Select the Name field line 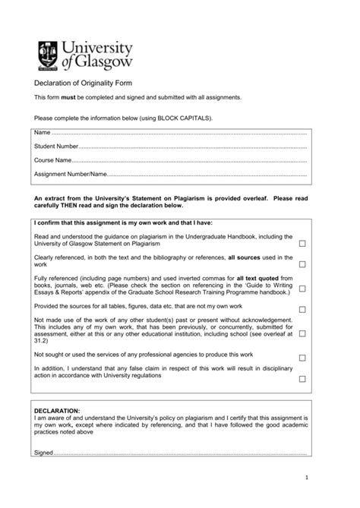coord(182,133)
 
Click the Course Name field coord(190,160)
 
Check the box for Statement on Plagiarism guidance coord(302,243)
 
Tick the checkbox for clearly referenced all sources coord(302,264)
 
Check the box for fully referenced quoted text coord(302,289)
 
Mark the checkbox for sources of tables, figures coord(302,309)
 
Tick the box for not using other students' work coord(302,333)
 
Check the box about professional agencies coord(302,357)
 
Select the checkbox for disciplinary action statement coord(302,377)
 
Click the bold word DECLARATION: coord(57,410)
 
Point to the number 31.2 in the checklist coord(41,343)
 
